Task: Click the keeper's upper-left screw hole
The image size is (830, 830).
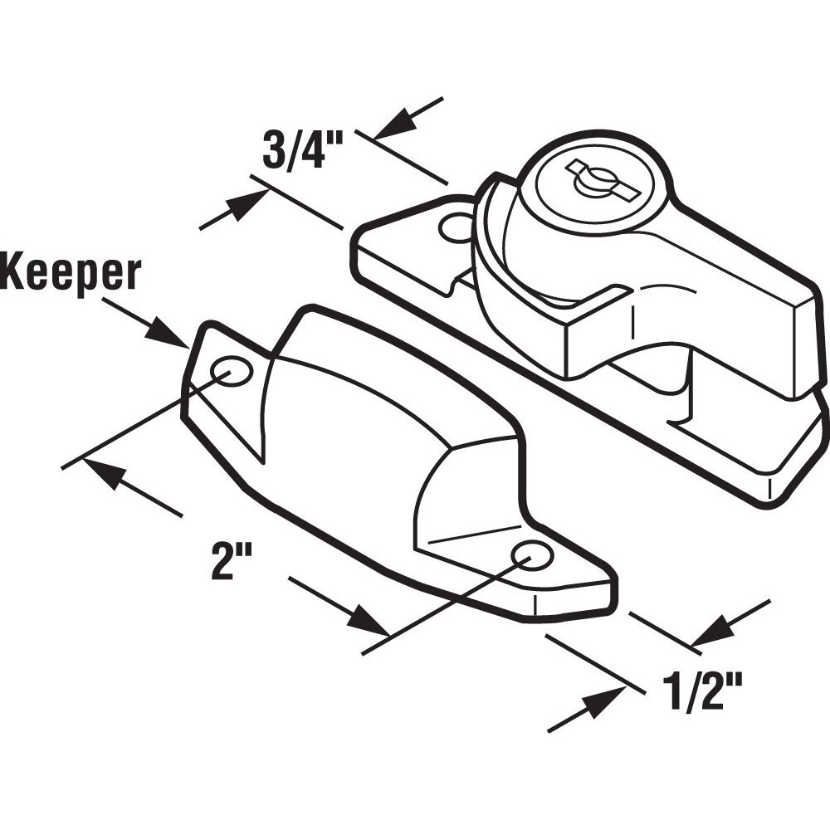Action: click(232, 371)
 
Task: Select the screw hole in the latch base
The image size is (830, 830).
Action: click(456, 227)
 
